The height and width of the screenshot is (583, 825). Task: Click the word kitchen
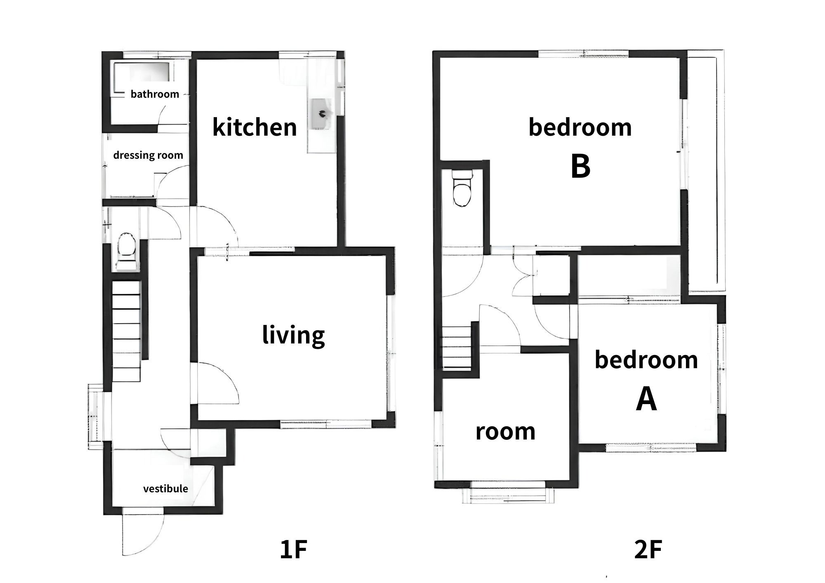click(x=255, y=127)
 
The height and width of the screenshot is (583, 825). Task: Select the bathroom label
click(x=155, y=94)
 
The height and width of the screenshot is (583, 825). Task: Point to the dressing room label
click(x=148, y=155)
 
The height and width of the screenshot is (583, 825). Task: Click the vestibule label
click(x=165, y=489)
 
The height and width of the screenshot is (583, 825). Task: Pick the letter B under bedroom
click(x=580, y=167)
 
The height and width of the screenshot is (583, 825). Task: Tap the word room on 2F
click(x=505, y=432)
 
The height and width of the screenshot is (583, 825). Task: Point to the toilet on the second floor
click(x=462, y=188)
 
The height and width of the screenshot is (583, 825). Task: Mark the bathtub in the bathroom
click(x=141, y=78)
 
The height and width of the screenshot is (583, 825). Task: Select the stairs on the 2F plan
click(x=457, y=346)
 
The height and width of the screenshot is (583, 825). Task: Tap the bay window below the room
click(x=508, y=493)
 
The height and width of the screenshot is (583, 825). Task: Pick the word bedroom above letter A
click(x=646, y=360)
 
